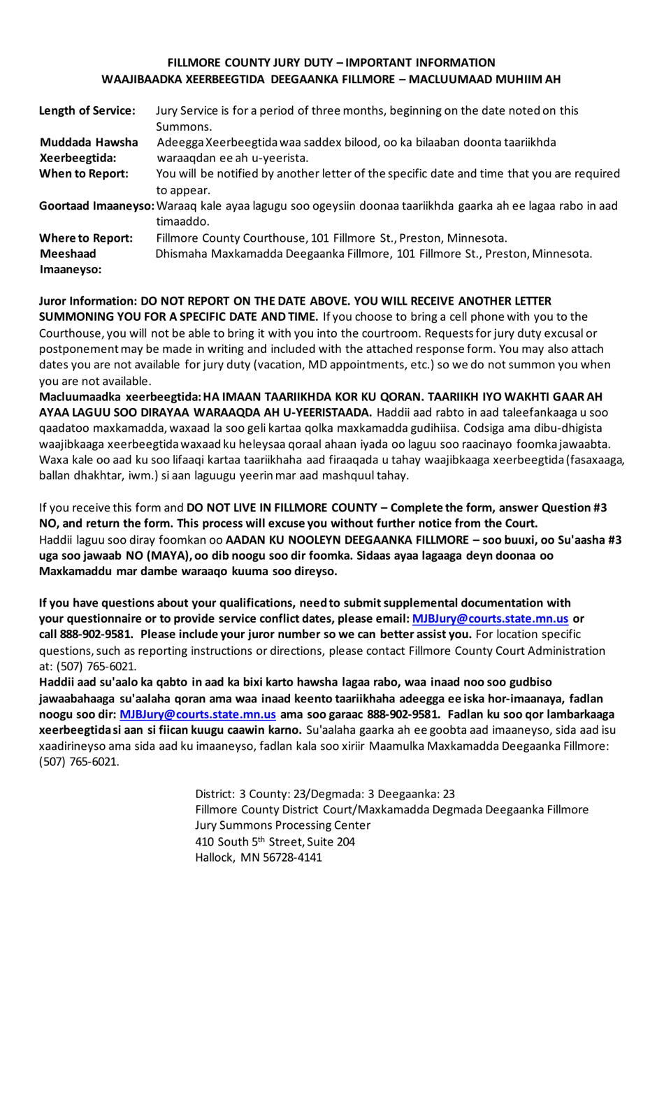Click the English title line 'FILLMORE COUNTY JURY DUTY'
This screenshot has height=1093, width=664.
tap(331, 63)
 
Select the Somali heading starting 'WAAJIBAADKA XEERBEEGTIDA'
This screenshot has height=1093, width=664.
tap(331, 80)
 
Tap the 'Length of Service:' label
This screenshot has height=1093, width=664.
tap(87, 110)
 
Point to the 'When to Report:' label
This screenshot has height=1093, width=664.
tap(84, 174)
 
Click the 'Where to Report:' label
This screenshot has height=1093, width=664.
tap(86, 238)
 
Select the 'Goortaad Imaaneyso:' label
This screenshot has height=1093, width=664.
tap(97, 206)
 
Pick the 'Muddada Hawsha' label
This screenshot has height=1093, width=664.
tap(89, 143)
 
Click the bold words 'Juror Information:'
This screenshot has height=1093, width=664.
tap(88, 301)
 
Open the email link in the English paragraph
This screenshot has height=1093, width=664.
tap(490, 619)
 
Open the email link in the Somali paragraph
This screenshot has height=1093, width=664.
tap(198, 714)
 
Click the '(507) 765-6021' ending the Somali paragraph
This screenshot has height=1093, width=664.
tap(79, 762)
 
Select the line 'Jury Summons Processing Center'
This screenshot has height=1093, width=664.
tap(282, 825)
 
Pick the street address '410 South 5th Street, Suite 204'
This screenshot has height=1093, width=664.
tap(275, 841)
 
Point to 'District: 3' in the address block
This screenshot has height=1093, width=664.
tap(220, 794)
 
